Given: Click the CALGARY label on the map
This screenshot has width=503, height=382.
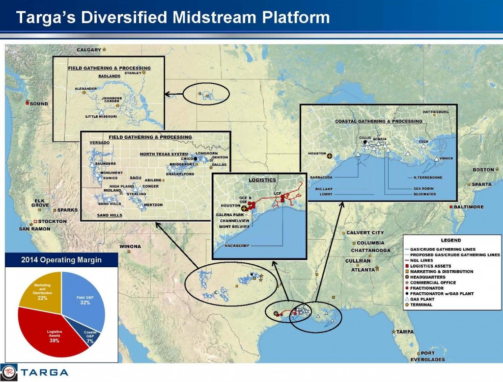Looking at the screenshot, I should pyautogui.click(x=89, y=50).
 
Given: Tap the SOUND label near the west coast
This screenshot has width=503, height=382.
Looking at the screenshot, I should pyautogui.click(x=39, y=104).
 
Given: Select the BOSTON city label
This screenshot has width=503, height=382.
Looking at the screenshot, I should pyautogui.click(x=483, y=170).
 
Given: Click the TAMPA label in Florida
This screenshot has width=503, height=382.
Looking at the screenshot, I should pyautogui.click(x=405, y=332).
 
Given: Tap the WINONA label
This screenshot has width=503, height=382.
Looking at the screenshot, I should pyautogui.click(x=130, y=246).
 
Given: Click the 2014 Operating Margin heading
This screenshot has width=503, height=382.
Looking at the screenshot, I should pyautogui.click(x=61, y=260).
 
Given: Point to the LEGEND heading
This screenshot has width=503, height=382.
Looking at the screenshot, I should pyautogui.click(x=450, y=240).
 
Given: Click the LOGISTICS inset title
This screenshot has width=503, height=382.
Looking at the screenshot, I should pyautogui.click(x=262, y=180).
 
